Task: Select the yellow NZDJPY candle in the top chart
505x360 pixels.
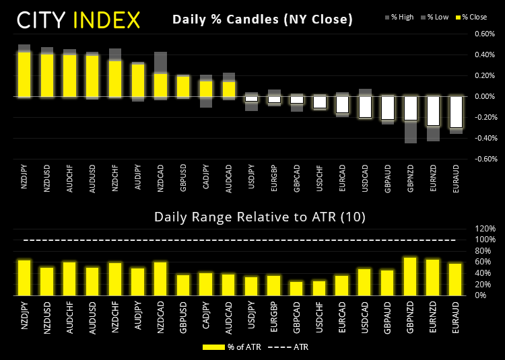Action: (x=24, y=75)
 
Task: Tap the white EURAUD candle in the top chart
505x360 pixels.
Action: (x=457, y=112)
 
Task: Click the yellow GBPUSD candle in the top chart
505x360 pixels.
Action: (x=183, y=87)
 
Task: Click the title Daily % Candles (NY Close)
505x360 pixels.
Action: (x=263, y=20)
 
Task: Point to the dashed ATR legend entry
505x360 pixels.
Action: (x=290, y=347)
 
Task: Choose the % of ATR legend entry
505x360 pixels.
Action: (x=230, y=347)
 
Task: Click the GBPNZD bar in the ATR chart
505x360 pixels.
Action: (x=411, y=276)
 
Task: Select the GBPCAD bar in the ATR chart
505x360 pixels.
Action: (x=296, y=288)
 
